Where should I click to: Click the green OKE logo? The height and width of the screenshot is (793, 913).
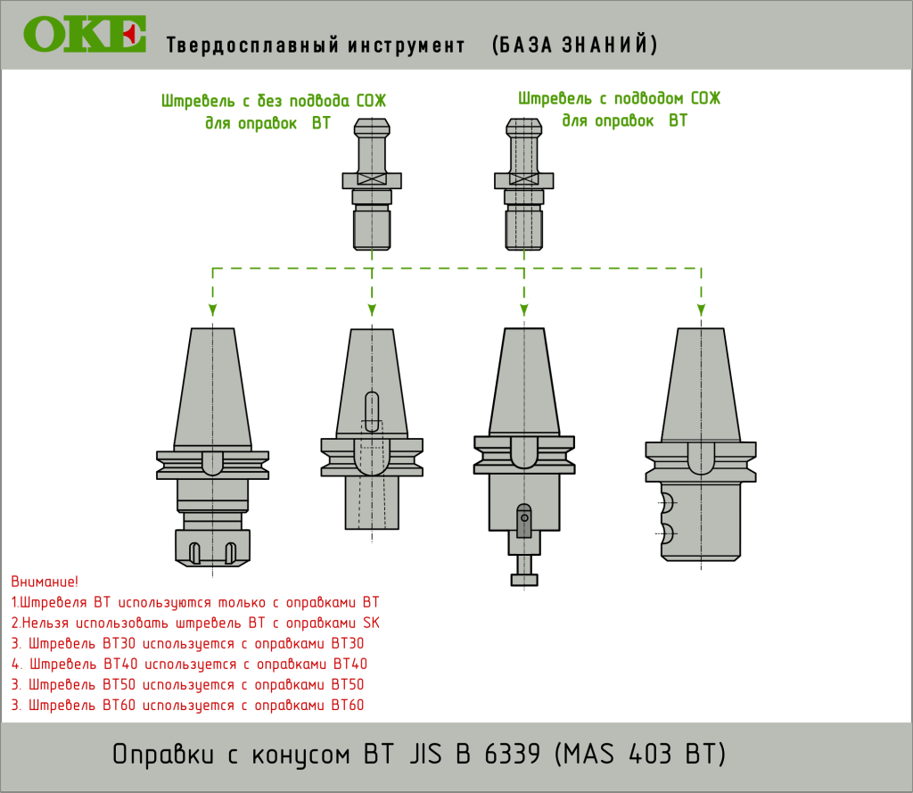(85, 34)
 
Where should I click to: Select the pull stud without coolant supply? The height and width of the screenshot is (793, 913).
(372, 184)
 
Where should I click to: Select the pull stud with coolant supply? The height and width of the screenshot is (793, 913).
(524, 184)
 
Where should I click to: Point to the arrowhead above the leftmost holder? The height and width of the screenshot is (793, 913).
(213, 310)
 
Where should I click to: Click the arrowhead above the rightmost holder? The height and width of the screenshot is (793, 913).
(701, 310)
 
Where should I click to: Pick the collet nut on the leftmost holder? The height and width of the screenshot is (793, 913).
(212, 548)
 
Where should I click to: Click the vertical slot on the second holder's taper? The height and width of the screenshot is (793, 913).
(372, 411)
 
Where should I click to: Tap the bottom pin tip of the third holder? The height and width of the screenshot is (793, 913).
(524, 580)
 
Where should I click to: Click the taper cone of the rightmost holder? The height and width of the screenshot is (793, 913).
(701, 384)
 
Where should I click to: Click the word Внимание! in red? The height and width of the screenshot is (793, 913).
(45, 582)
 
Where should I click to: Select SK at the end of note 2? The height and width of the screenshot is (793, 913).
(371, 623)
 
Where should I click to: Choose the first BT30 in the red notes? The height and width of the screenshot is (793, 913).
(119, 643)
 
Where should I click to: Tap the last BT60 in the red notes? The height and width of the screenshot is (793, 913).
(348, 705)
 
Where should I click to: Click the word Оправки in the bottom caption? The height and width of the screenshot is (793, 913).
(163, 755)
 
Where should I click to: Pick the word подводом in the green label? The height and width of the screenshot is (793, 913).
(649, 98)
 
